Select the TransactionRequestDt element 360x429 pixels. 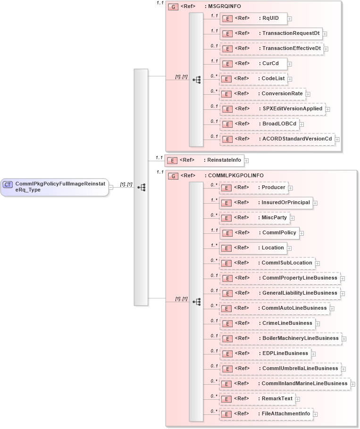[271, 33]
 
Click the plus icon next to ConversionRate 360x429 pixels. [308, 94]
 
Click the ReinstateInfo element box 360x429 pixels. [204, 160]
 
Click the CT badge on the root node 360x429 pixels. [8, 184]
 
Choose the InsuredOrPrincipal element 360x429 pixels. [266, 203]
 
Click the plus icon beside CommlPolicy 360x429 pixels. [301, 233]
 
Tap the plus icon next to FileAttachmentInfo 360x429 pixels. [315, 414]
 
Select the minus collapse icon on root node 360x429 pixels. [110, 187]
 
